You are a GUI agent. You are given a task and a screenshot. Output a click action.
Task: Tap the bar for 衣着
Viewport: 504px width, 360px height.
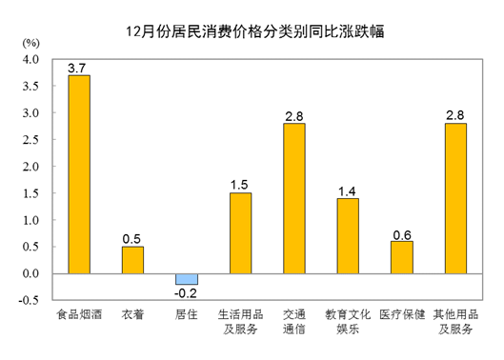[x=132, y=260]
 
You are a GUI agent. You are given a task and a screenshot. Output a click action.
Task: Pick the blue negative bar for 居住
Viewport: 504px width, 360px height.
[x=187, y=279]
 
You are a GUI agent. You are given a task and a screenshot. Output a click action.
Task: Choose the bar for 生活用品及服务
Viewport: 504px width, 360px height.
[x=240, y=233]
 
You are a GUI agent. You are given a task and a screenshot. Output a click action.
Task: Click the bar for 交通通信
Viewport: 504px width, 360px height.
[x=294, y=198]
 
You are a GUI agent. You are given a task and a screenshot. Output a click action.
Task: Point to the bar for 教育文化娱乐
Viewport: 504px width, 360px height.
[x=348, y=236]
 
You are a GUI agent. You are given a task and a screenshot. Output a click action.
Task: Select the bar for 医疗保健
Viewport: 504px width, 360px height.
[x=402, y=257]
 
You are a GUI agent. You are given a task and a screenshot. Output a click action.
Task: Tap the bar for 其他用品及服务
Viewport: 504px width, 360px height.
[x=455, y=198]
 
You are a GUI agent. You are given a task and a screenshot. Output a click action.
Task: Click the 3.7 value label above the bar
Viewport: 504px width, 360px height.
[x=78, y=68]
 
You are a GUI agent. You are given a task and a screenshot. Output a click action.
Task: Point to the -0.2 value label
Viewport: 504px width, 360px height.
[x=187, y=293]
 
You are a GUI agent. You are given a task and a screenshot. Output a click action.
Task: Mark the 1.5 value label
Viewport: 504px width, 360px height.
[x=240, y=185]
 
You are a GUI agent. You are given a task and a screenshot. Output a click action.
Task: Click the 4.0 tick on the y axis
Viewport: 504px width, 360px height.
[x=30, y=59]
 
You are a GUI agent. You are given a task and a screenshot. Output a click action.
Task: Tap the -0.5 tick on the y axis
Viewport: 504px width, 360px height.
[x=29, y=301]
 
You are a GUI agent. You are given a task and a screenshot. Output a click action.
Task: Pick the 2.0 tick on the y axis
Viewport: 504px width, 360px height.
[x=30, y=167]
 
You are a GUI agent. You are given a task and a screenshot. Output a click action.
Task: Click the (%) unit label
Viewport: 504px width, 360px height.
[x=30, y=44]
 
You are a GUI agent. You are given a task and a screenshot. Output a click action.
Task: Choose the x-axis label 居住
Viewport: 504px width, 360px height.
[x=187, y=313]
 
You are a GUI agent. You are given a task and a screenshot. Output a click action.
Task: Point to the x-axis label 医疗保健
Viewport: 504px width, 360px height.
[x=402, y=313]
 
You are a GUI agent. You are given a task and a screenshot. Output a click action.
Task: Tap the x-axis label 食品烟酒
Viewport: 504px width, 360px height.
[x=78, y=313]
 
